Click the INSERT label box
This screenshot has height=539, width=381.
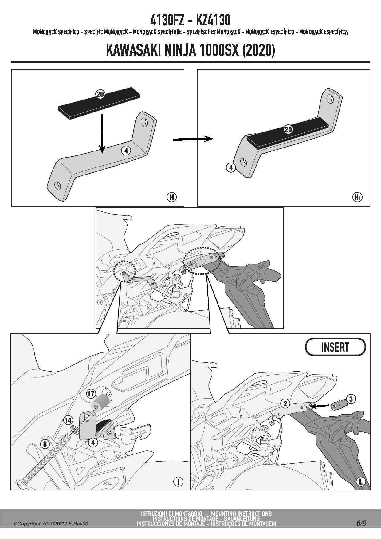tap(335, 347)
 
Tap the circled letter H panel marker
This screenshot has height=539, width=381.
tap(171, 197)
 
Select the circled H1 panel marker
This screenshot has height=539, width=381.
tap(357, 197)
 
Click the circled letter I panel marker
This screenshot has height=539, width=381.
tap(178, 482)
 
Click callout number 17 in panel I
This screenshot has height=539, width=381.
tap(91, 394)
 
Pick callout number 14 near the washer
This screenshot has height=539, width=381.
tap(68, 420)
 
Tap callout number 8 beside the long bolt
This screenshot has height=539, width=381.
tap(45, 444)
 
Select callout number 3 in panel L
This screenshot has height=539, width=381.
tap(351, 399)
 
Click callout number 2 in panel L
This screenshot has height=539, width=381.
tap(285, 403)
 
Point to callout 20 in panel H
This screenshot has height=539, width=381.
tap(100, 94)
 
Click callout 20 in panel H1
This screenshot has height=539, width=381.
tap(288, 129)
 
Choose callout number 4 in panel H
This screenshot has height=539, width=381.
tap(126, 151)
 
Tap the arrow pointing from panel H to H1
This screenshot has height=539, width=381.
tap(193, 139)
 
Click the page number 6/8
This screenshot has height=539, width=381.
tap(361, 523)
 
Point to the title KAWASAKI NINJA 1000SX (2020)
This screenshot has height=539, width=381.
tap(190, 50)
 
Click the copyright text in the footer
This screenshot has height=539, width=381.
tap(51, 524)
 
